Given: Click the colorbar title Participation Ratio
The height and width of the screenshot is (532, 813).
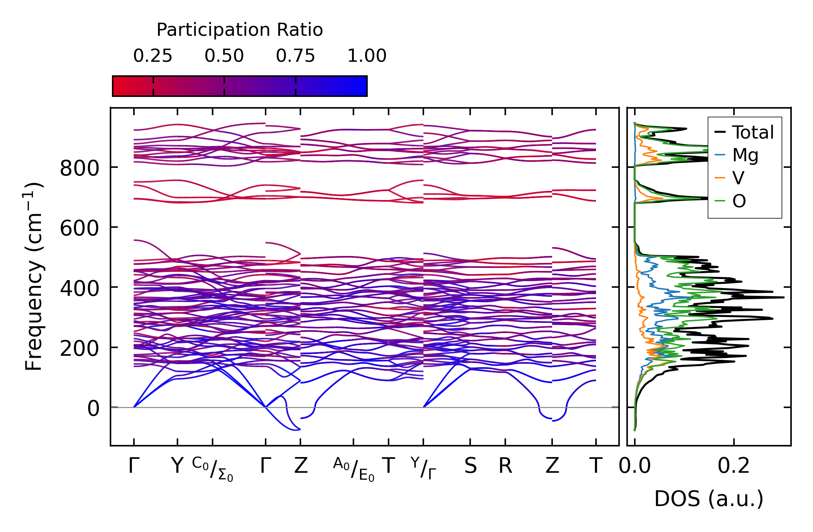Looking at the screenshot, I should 240,30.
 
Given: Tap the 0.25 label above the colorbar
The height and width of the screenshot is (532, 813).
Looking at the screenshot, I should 153,56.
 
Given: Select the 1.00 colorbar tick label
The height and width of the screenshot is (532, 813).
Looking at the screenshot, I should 367,56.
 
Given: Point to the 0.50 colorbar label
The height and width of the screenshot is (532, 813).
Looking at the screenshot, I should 224,56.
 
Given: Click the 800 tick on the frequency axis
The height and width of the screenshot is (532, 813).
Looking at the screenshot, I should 79,169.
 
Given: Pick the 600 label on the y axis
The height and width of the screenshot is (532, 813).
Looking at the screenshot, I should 79,229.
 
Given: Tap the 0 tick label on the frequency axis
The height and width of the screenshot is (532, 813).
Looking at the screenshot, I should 93,409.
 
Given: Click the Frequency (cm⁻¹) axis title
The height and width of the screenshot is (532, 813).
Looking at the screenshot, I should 34,276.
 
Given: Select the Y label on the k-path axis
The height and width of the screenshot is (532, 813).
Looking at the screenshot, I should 177,466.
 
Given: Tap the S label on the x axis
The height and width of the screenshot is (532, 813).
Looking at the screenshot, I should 471,466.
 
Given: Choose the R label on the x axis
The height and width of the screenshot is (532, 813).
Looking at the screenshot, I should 505,466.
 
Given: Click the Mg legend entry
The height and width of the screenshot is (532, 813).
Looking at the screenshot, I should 745,155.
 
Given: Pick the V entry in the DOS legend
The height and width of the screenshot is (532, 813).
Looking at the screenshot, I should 738,178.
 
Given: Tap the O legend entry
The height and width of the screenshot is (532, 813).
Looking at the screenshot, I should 739,201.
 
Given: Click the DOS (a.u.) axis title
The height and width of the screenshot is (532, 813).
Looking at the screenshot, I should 709,499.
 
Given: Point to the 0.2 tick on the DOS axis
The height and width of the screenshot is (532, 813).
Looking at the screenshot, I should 733,466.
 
